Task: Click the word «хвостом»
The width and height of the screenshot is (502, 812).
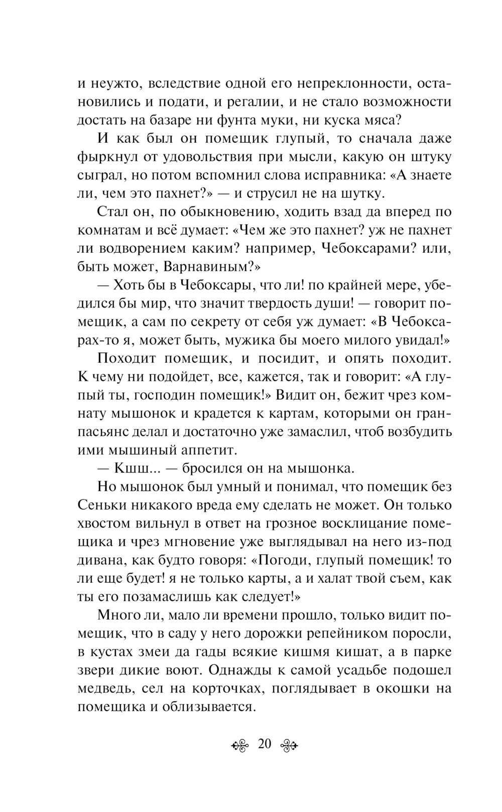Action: (x=104, y=523)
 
